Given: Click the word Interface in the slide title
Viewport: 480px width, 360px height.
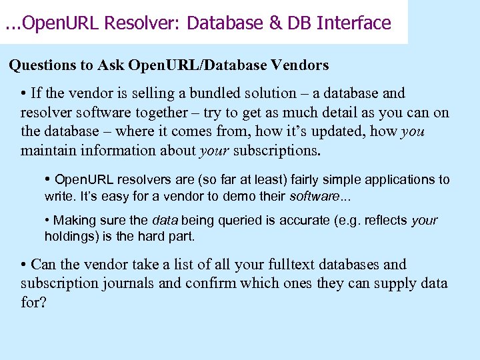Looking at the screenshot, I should (x=354, y=23).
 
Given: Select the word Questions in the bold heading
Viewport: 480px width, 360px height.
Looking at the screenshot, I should (x=41, y=65).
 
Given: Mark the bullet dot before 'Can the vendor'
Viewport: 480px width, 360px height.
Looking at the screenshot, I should (x=24, y=265).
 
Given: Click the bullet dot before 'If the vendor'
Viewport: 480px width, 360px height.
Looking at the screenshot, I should (x=24, y=93).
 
